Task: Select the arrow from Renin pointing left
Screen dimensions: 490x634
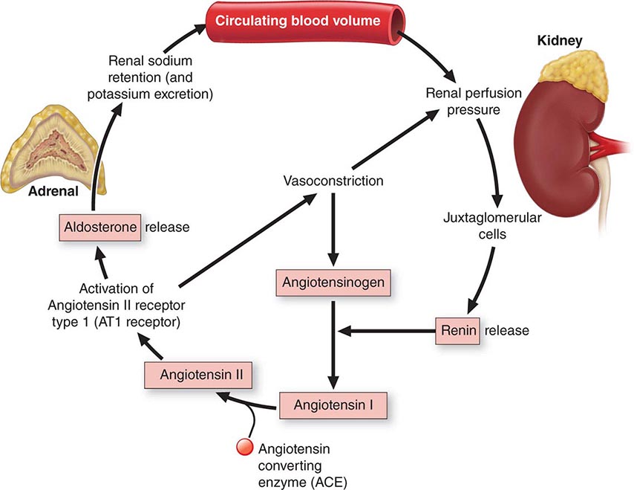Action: tap(386, 329)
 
